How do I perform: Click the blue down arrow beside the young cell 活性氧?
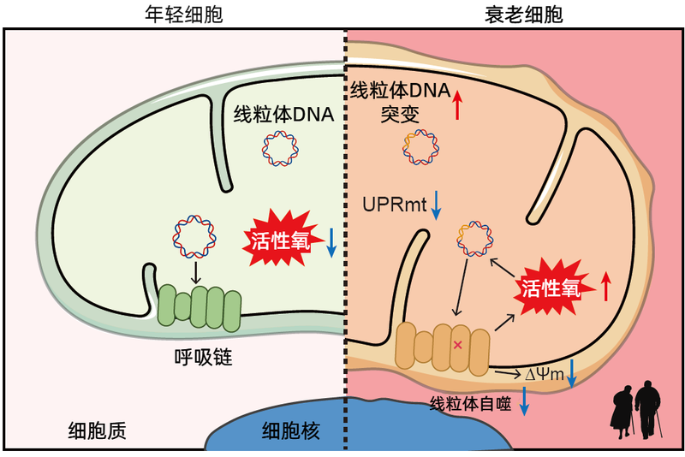(x=332, y=242)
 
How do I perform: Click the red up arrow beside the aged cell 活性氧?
(x=606, y=287)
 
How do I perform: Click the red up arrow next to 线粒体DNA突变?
(x=458, y=104)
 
